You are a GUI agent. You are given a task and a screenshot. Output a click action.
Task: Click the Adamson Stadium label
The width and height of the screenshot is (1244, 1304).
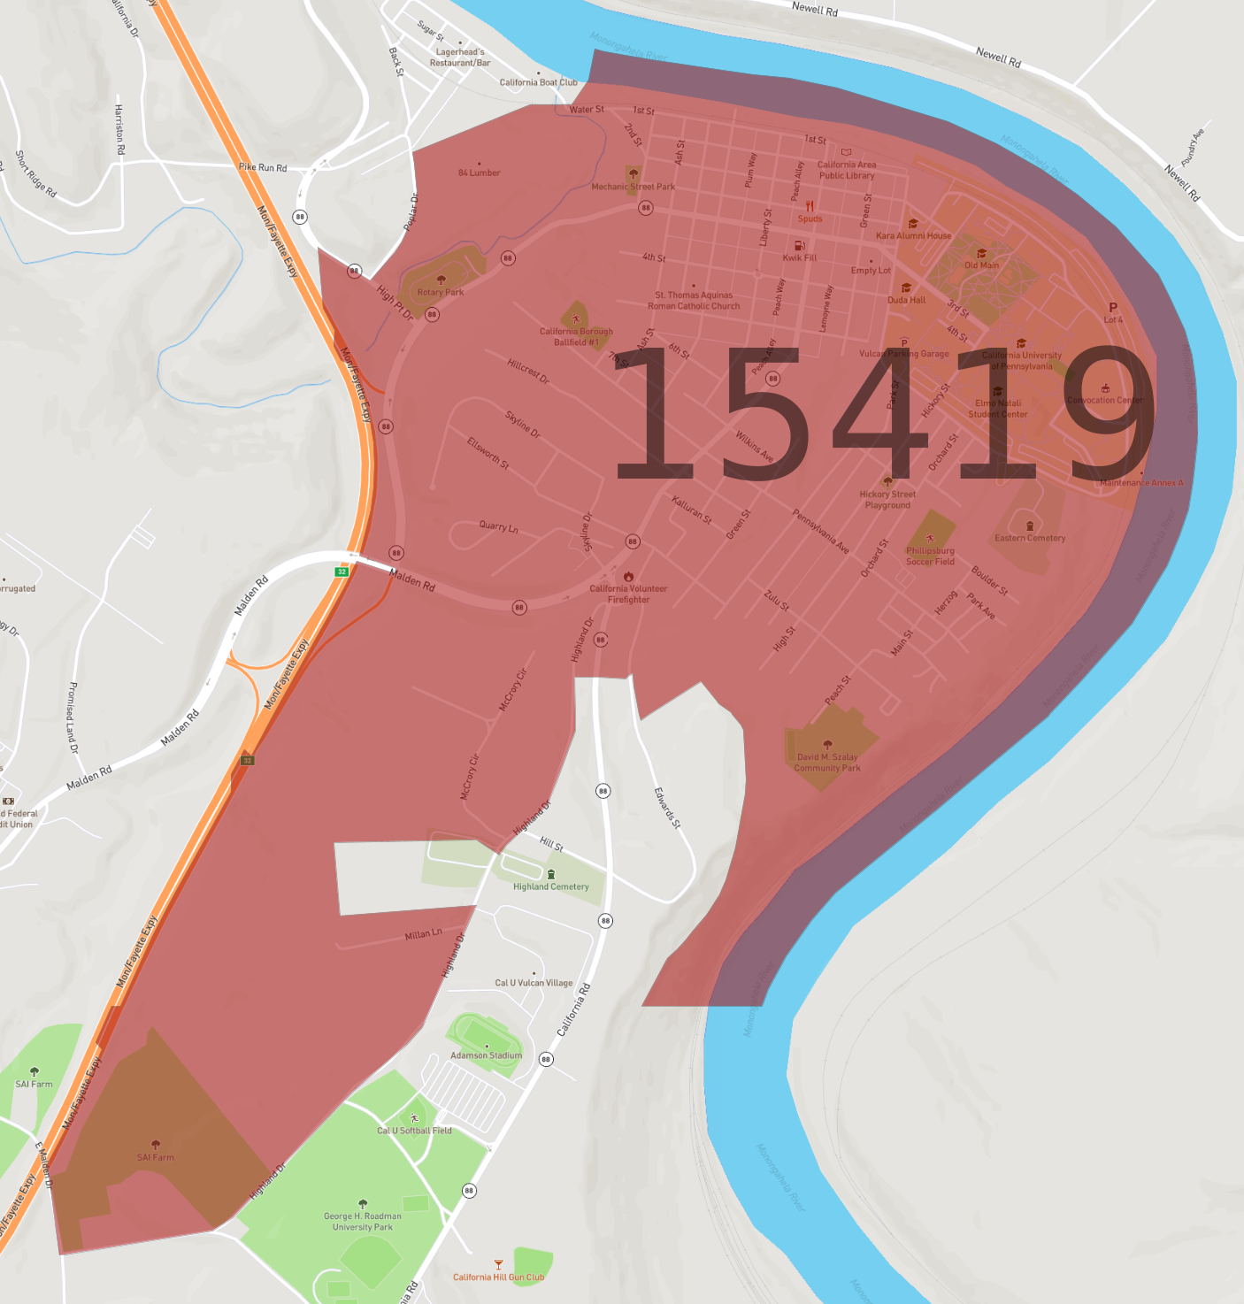pyautogui.click(x=486, y=1055)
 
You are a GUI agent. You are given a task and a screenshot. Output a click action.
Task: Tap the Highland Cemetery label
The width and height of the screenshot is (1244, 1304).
pyautogui.click(x=550, y=886)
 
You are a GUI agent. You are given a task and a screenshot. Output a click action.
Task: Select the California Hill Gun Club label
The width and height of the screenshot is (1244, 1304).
pyautogui.click(x=498, y=1277)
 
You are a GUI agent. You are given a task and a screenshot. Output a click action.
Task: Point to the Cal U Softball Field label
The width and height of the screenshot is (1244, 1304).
pyautogui.click(x=414, y=1130)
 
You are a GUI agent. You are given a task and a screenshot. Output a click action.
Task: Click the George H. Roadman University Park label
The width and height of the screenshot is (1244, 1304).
pyautogui.click(x=363, y=1222)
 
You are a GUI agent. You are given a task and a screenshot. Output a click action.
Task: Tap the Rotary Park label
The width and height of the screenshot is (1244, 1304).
pyautogui.click(x=441, y=292)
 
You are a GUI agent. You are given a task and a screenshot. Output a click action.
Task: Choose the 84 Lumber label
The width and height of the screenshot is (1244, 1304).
pyautogui.click(x=479, y=173)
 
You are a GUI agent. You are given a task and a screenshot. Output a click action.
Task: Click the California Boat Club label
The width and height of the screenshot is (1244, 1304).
pyautogui.click(x=538, y=82)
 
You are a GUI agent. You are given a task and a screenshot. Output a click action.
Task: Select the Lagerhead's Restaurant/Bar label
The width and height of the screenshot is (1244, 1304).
pyautogui.click(x=460, y=58)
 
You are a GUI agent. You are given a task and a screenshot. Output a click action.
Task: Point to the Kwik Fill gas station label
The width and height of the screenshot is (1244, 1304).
pyautogui.click(x=799, y=257)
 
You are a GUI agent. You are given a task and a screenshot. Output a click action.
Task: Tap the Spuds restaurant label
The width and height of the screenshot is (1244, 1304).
pyautogui.click(x=810, y=219)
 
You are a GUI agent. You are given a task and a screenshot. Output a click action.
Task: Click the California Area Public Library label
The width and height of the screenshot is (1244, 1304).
pyautogui.click(x=847, y=170)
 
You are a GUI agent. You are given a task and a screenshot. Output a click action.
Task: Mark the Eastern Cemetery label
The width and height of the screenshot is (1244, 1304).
pyautogui.click(x=1030, y=538)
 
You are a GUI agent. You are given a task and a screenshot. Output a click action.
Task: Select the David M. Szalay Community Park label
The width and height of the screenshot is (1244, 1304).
pyautogui.click(x=827, y=762)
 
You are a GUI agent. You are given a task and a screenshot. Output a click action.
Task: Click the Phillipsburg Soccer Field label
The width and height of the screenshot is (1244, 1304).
pyautogui.click(x=930, y=556)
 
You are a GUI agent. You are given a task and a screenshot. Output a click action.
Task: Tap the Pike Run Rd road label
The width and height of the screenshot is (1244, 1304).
pyautogui.click(x=263, y=167)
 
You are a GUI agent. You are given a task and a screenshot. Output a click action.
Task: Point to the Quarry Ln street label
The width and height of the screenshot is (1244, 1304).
pyautogui.click(x=498, y=527)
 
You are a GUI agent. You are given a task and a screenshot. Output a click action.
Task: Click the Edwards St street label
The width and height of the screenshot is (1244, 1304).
pyautogui.click(x=667, y=808)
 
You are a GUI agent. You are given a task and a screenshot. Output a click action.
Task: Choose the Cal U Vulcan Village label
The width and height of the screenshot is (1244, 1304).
pyautogui.click(x=534, y=983)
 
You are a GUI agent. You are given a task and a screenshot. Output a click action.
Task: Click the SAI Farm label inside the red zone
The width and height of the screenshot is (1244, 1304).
pyautogui.click(x=156, y=1157)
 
